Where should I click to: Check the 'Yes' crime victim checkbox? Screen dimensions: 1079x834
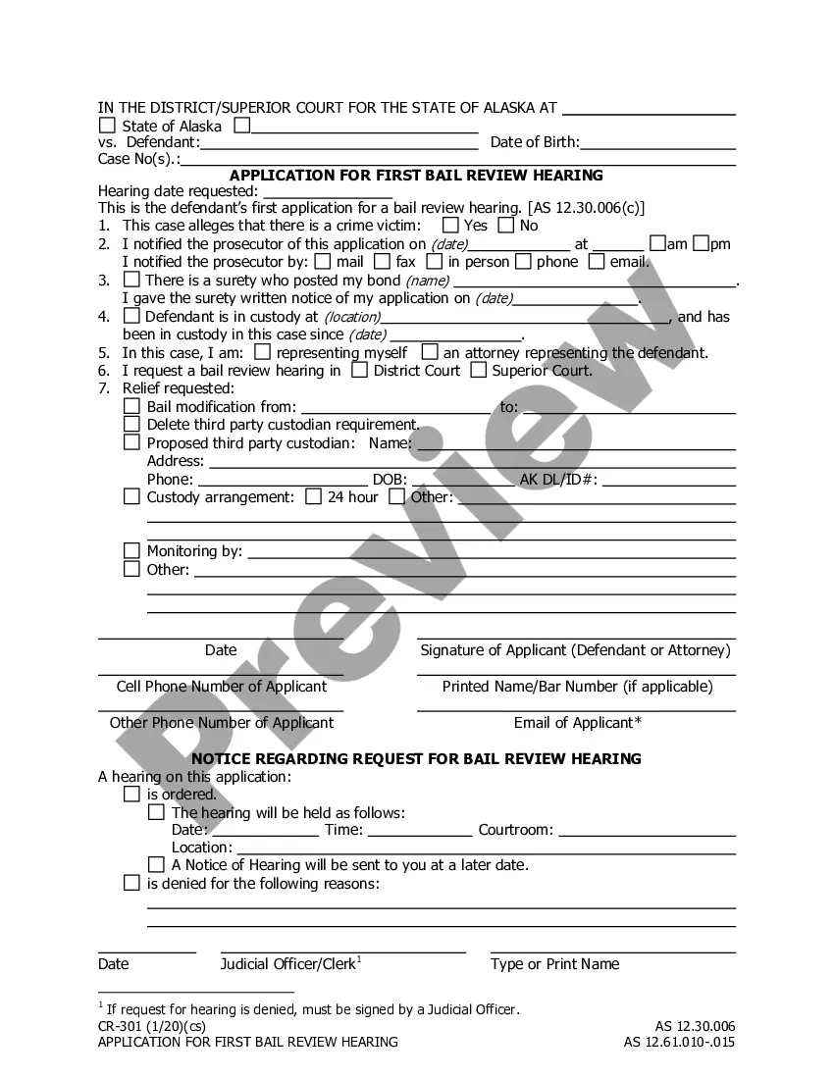pos(450,226)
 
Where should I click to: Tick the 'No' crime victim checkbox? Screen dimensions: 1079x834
pos(506,226)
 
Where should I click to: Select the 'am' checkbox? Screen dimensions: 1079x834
pos(658,243)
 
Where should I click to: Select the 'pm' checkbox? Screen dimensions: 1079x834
pos(701,243)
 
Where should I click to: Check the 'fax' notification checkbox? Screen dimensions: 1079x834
pos(379,262)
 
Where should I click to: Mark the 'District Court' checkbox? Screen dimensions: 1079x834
pos(360,371)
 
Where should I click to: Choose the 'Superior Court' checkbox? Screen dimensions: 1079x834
pos(478,371)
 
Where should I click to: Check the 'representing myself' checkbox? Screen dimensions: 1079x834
pos(262,352)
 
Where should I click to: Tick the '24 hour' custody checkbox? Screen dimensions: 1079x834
pos(313,497)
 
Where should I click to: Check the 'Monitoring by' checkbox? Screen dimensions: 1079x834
pos(131,551)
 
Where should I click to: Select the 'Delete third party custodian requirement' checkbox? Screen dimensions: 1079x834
pos(131,425)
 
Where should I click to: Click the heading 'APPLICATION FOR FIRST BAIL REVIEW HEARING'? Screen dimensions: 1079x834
pos(416,176)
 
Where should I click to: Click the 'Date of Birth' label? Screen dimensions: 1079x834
pos(534,142)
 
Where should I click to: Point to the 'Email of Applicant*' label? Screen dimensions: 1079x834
pos(577,723)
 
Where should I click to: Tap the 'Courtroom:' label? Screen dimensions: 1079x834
pos(515,830)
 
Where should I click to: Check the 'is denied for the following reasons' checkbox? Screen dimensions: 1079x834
pos(131,884)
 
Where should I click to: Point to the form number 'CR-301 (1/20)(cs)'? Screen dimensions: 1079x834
pos(158,1026)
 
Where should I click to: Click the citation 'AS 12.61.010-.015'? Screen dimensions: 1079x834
pos(679,1042)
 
